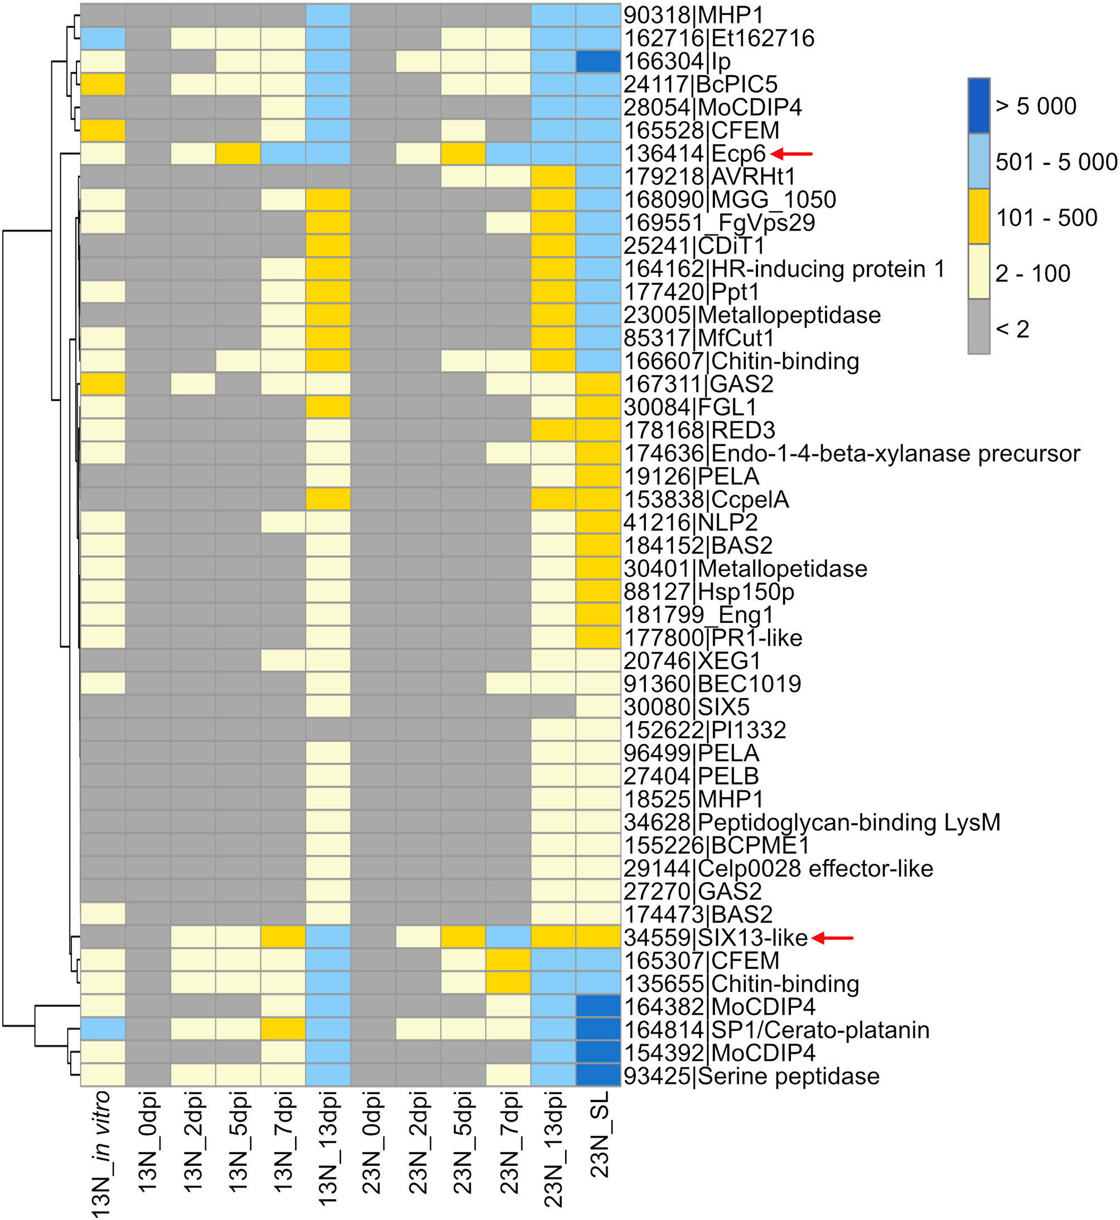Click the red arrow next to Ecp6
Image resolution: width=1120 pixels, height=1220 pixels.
coord(791,154)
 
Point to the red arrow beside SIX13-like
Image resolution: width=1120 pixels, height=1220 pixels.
coord(833,938)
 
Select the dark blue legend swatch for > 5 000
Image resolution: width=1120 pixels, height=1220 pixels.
coord(978,105)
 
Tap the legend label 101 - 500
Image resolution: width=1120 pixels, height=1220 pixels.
coord(1046,218)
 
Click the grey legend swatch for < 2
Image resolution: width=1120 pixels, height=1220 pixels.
coord(978,328)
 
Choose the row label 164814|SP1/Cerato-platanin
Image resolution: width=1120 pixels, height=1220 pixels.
coord(776,1030)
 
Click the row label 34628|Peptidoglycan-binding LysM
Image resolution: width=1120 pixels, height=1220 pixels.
coord(812,823)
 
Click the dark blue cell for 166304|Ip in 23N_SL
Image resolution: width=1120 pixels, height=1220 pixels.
coord(598,61)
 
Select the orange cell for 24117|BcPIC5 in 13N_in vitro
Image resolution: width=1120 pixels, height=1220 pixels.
coord(103,84)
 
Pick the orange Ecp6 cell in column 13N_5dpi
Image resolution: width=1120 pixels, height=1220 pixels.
coord(238,153)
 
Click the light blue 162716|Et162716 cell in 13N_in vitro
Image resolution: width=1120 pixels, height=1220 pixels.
coord(103,38)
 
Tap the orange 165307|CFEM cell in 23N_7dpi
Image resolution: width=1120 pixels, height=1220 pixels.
coord(509,961)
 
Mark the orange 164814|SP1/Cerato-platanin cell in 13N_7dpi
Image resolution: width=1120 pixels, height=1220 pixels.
coord(283,1030)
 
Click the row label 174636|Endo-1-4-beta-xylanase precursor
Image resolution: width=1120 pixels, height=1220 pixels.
coord(852,454)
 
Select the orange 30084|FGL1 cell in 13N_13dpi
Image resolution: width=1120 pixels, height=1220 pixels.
coord(328,407)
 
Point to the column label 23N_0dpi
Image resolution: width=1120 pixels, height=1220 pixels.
coord(372,1143)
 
